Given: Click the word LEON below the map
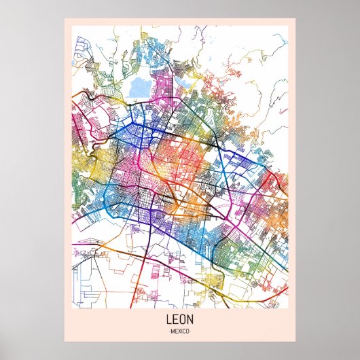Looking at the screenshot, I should coord(180,318).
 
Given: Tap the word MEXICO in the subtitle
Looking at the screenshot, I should coord(180,331).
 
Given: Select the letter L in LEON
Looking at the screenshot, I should coord(168,318).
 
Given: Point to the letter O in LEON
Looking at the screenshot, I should coord(183,318).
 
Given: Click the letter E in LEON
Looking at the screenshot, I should coord(175,318).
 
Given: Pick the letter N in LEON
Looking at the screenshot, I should coord(192,318).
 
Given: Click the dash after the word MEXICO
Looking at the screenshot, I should coord(192,331).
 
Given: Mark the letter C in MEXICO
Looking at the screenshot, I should coord(185,331).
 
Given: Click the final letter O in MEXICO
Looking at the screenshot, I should coord(189,331).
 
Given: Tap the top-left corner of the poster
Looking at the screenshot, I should coord(64,18).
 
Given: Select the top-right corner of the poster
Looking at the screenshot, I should coord(296,18).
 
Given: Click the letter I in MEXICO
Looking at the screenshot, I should coord(182,331).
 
